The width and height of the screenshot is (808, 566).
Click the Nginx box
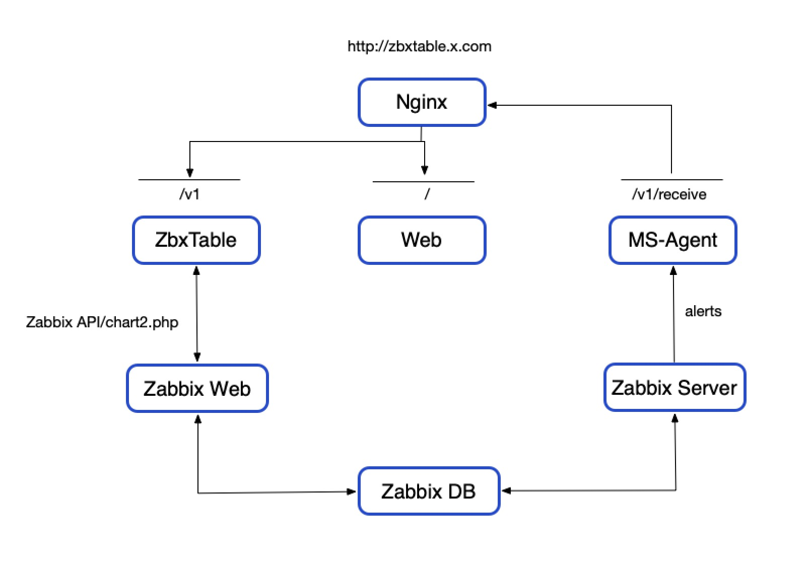pos(422,102)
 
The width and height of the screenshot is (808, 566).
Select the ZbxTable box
pos(196,240)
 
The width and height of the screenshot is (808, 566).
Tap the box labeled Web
pos(422,240)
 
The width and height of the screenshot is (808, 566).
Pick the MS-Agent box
pos(672,240)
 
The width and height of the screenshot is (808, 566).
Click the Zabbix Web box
pos(197,388)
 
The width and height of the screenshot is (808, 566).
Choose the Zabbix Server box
pos(674,387)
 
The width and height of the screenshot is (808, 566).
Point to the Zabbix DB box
pos(429,491)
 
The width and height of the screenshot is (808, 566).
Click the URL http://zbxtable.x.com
pos(419,46)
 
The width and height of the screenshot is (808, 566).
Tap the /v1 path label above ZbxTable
pos(189,194)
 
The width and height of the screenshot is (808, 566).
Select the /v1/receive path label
pos(669,194)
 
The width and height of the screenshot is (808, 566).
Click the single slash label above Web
pos(427,194)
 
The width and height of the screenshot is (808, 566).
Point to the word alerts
pos(703,311)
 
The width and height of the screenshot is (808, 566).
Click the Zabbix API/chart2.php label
pos(102,322)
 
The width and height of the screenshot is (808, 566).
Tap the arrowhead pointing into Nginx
pos(492,105)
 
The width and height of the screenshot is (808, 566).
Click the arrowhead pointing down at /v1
pos(189,173)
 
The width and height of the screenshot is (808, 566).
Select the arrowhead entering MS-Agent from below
pos(673,270)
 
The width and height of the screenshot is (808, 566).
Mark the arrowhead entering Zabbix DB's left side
pos(352,491)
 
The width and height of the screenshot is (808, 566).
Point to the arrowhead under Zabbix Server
pos(675,418)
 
